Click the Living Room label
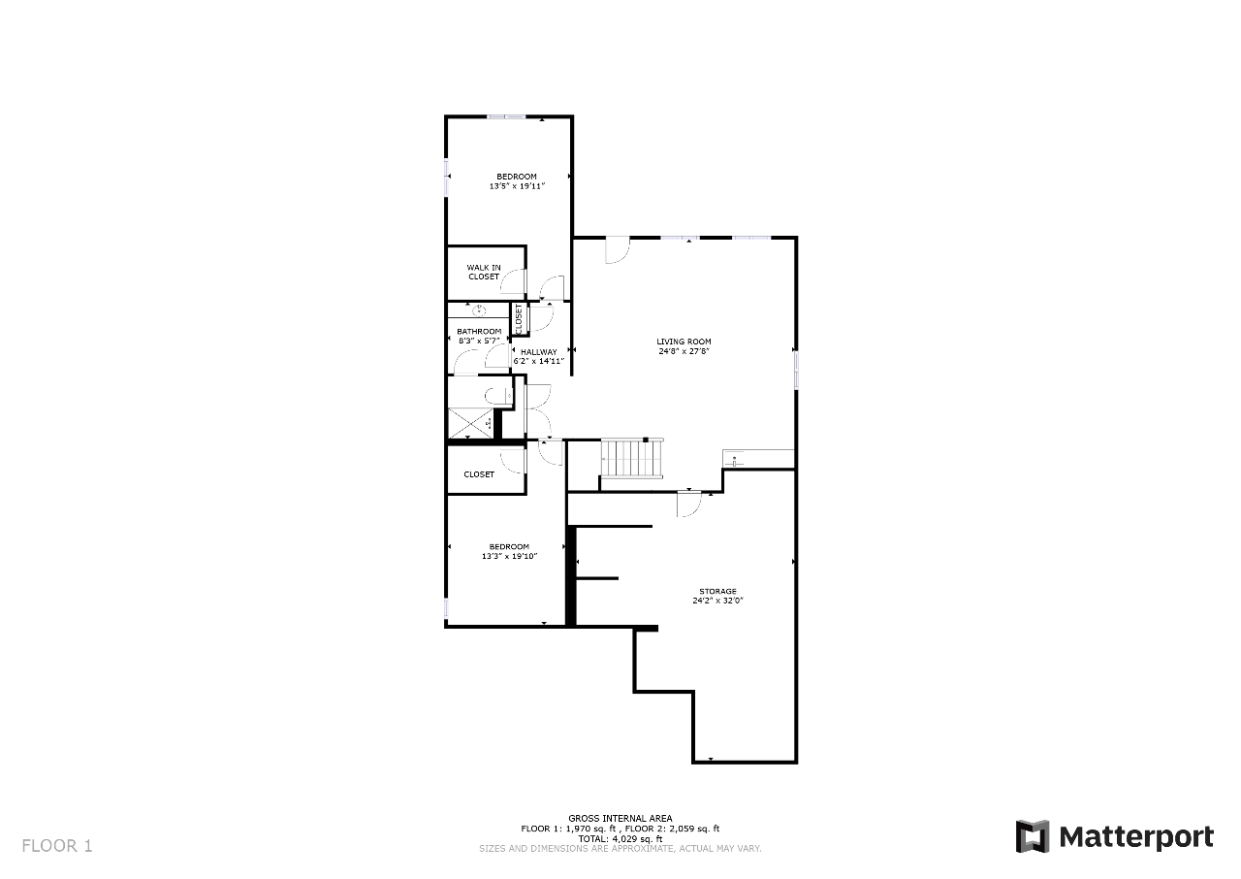(x=684, y=342)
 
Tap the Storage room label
(x=717, y=592)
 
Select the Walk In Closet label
(x=484, y=272)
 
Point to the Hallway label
(x=538, y=352)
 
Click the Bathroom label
(x=479, y=332)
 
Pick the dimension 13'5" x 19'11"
(x=517, y=186)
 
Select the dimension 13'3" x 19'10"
(x=509, y=556)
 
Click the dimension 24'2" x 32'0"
(x=717, y=601)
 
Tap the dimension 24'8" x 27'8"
(x=684, y=351)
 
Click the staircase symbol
(x=632, y=458)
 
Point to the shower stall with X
(x=470, y=423)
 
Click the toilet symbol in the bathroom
(x=498, y=396)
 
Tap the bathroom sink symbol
(x=479, y=310)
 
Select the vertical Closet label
(x=519, y=319)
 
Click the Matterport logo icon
(x=1033, y=836)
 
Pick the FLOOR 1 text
(x=57, y=846)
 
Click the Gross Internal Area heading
(x=620, y=818)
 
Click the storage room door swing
(x=688, y=505)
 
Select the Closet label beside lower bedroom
(x=479, y=474)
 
